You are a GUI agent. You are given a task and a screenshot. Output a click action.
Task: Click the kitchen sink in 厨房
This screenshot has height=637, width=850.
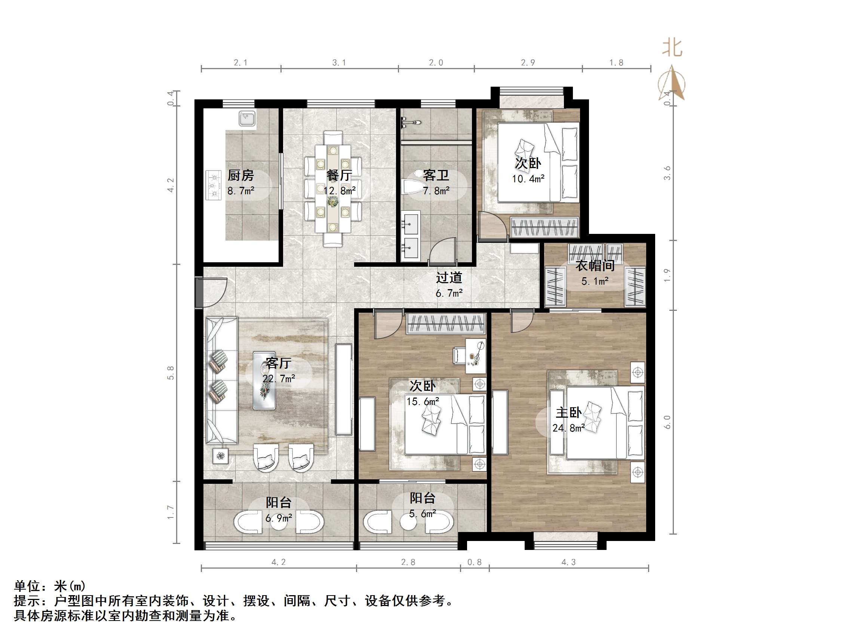point(247,119)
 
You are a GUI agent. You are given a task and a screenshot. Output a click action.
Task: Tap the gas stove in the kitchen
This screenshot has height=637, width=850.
point(214,185)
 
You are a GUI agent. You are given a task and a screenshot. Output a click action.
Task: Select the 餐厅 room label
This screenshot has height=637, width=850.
point(339,176)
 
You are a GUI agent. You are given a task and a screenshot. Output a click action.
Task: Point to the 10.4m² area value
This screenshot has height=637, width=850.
point(528,179)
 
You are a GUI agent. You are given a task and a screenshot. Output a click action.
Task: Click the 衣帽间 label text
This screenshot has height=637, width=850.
point(595,266)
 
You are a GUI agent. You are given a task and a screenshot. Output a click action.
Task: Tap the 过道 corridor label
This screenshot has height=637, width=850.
point(449,278)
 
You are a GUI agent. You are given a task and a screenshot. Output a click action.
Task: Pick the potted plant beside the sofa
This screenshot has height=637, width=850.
point(221,456)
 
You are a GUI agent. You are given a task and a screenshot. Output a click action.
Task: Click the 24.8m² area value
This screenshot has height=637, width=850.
point(568,428)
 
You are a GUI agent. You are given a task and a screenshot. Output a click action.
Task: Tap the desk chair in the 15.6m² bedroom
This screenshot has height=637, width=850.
point(459,355)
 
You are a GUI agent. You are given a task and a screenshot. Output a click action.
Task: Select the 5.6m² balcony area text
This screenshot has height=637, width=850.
point(422,514)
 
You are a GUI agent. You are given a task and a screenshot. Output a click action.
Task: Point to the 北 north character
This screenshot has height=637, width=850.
point(672,48)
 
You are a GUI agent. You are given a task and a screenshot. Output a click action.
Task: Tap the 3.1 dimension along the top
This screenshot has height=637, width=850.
point(339,63)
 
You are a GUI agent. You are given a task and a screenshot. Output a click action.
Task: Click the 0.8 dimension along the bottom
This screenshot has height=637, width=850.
point(474,562)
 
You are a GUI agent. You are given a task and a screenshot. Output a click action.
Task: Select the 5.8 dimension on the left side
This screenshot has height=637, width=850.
point(171,373)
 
